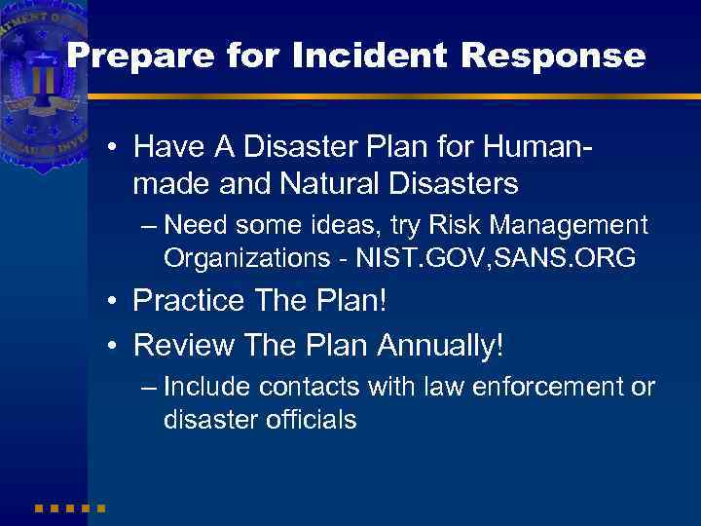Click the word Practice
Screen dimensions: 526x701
(186, 300)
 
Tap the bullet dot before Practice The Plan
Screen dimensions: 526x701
(115, 301)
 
